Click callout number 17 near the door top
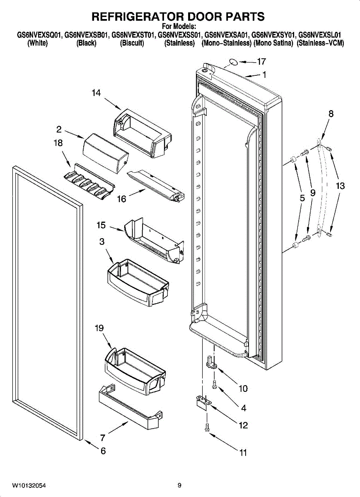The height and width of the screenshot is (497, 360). click(261, 62)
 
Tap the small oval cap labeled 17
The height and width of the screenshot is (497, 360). click(233, 63)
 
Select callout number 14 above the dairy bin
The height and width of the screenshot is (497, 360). click(96, 93)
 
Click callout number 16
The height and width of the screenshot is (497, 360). click(121, 199)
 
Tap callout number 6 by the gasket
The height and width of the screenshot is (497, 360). click(103, 451)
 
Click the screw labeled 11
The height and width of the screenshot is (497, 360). click(206, 428)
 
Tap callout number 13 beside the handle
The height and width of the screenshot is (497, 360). click(340, 186)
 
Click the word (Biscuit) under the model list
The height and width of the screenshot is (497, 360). click(132, 43)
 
